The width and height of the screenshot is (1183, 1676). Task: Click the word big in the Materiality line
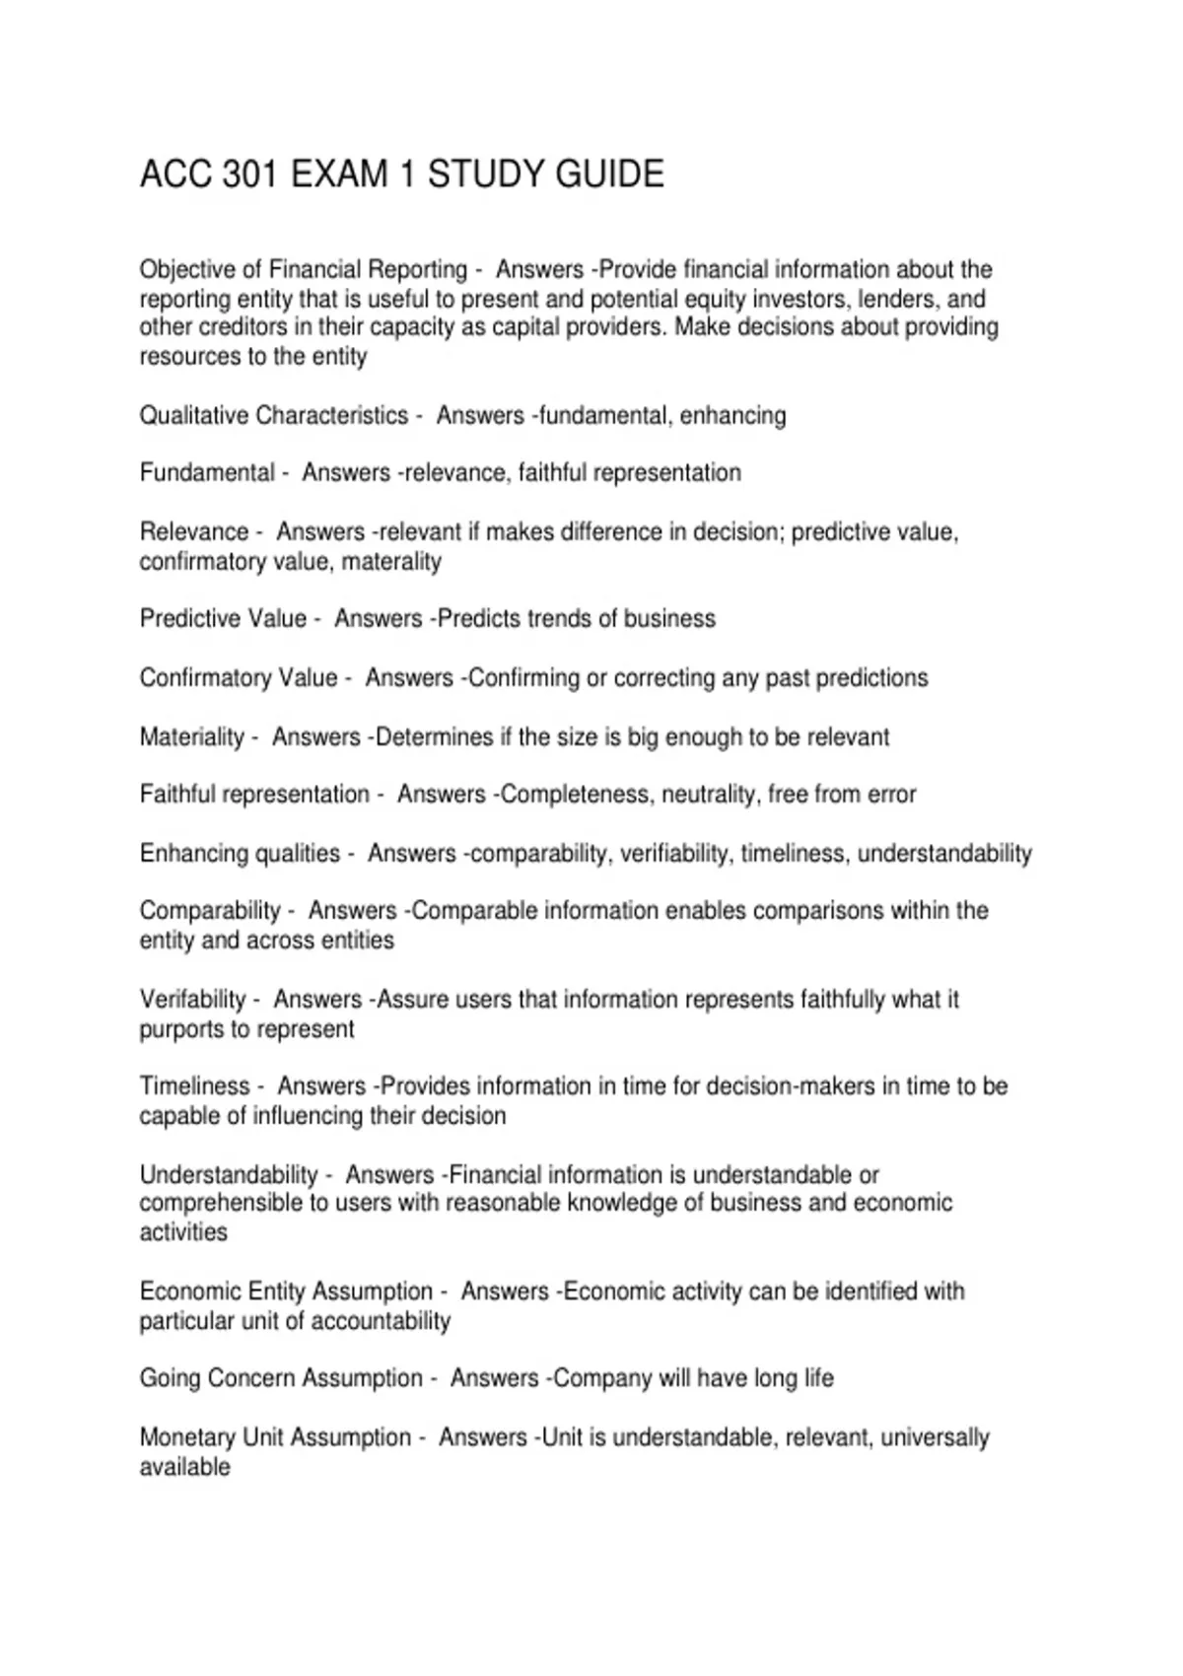click(642, 737)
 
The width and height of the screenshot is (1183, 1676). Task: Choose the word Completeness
click(574, 795)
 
